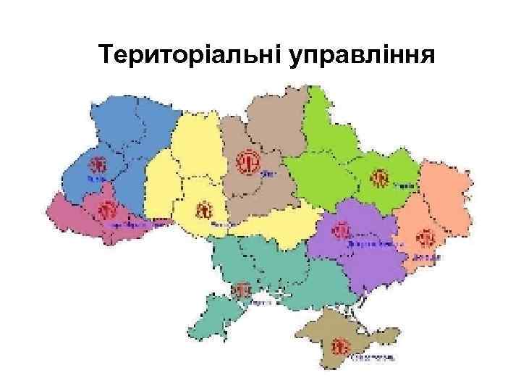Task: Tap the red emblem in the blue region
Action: point(97,164)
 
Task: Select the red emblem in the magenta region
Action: point(108,211)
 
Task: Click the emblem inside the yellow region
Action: point(204,211)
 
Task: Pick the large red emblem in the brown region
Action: point(248,161)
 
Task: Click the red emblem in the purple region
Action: point(341,231)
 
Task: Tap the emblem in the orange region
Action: point(425,237)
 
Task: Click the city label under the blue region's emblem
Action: point(96,178)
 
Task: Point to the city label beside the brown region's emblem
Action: point(268,174)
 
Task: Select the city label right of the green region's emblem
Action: point(407,185)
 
